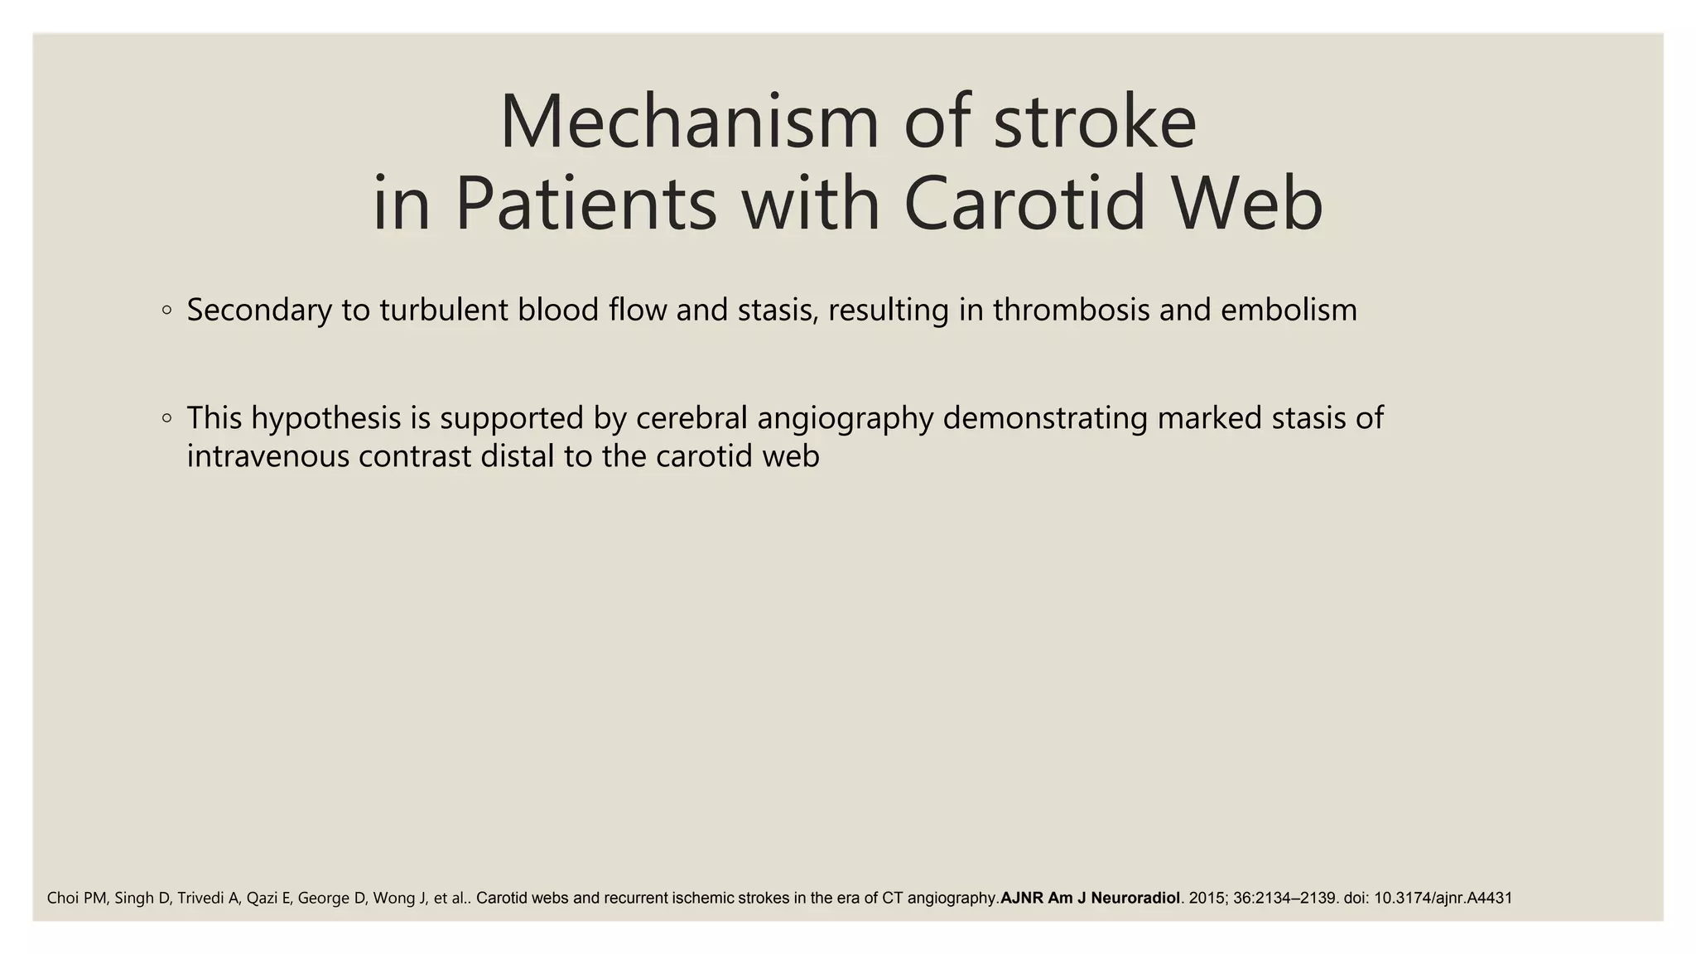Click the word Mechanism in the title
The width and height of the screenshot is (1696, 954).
click(x=688, y=123)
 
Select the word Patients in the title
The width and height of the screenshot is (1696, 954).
click(x=585, y=205)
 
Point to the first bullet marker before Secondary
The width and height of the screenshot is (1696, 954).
click(x=167, y=311)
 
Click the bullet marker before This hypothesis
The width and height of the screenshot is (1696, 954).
click(x=167, y=419)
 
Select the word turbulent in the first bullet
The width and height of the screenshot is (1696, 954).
click(x=444, y=311)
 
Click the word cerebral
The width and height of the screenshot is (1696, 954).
click(x=691, y=418)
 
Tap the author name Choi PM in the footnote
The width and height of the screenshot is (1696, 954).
click(x=76, y=898)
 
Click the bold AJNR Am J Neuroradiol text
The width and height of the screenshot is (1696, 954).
click(x=1090, y=898)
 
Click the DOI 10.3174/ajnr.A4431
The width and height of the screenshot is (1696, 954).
click(x=1443, y=898)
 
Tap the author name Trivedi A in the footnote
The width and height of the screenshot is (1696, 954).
click(x=208, y=898)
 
